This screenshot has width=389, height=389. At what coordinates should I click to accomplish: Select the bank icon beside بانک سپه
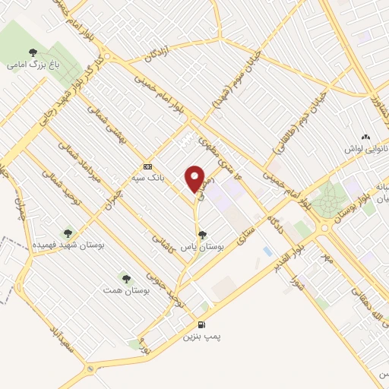148,166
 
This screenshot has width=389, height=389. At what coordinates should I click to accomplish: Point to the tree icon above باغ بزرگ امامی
33,53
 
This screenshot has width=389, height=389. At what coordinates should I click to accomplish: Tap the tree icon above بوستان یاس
201,235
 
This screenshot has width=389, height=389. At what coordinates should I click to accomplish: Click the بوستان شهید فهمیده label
68,245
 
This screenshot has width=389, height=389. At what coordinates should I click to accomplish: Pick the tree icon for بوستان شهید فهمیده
68,232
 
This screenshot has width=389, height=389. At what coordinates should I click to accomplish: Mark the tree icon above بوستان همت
125,278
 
